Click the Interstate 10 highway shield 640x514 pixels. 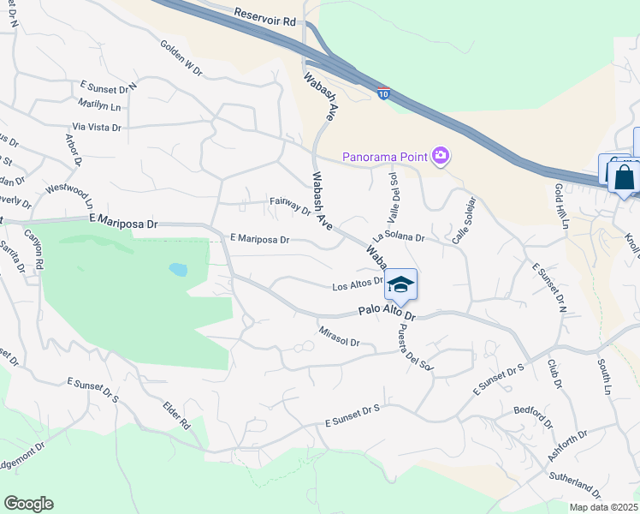pyautogui.click(x=385, y=93)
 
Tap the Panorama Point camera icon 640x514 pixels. pyautogui.click(x=441, y=155)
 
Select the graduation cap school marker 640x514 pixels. pyautogui.click(x=400, y=284)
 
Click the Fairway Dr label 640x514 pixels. pyautogui.click(x=289, y=206)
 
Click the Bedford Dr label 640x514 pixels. pyautogui.click(x=536, y=414)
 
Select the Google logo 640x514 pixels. pyautogui.click(x=28, y=504)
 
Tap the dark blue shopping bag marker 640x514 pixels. pyautogui.click(x=624, y=178)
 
